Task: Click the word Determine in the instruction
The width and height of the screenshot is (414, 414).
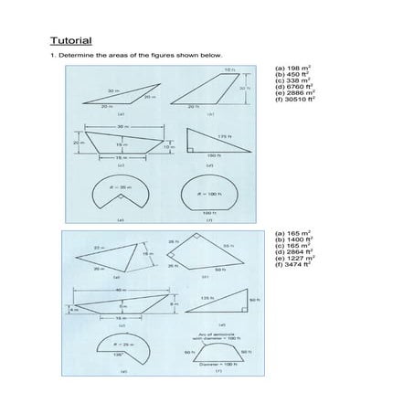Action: [x=75, y=57]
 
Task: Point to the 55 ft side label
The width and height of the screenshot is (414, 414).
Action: [x=227, y=246]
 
